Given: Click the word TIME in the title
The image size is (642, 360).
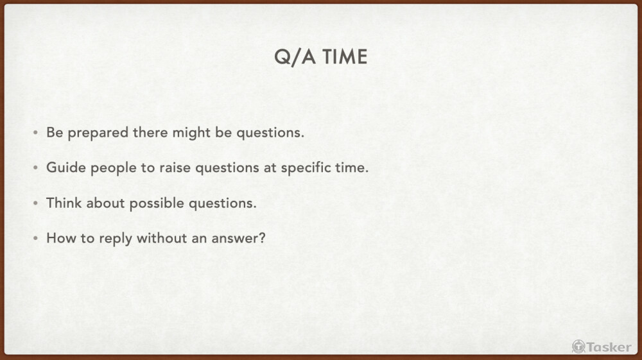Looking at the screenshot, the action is (x=344, y=57).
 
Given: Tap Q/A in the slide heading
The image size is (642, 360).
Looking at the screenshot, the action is (x=295, y=57).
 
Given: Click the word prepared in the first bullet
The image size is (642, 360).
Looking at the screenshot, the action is (x=98, y=133).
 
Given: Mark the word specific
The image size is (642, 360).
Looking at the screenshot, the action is (x=302, y=168).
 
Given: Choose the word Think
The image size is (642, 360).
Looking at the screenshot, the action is (x=64, y=203).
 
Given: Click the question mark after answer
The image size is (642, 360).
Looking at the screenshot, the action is (x=262, y=238).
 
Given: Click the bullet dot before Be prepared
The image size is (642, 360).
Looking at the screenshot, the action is (x=35, y=133).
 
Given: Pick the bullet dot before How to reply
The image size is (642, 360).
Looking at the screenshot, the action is (x=35, y=238).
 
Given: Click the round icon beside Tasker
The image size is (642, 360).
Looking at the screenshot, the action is (x=578, y=347).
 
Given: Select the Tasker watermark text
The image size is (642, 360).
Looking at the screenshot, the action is (x=609, y=347).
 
